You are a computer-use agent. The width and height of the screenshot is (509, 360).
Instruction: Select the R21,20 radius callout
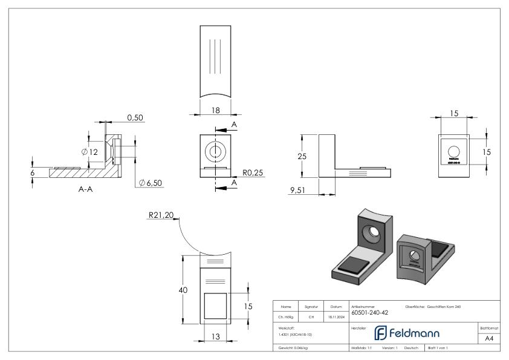(160, 214)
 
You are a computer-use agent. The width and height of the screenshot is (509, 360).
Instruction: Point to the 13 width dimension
(216, 336)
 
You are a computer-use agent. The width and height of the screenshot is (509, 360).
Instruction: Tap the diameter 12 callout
(90, 152)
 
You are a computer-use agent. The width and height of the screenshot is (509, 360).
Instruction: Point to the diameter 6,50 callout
(151, 183)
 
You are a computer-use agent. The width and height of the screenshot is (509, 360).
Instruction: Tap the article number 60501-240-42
(369, 313)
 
